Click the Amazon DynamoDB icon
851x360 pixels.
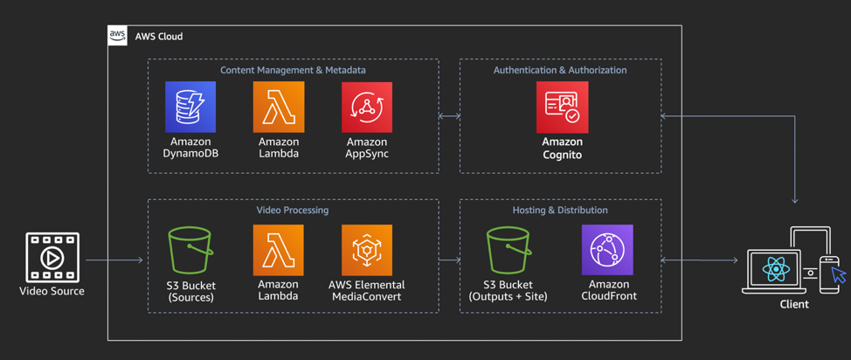(x=190, y=107)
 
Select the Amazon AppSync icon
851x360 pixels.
(x=367, y=107)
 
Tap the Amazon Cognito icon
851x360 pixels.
(x=562, y=107)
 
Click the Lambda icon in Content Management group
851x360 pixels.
(x=279, y=107)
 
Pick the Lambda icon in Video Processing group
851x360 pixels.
(x=279, y=251)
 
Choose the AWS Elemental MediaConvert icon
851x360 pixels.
(x=367, y=251)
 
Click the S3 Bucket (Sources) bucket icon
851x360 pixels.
(x=190, y=251)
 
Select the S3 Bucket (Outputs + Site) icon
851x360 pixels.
(x=509, y=251)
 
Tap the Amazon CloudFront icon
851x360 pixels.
(x=608, y=251)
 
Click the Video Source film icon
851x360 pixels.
(x=52, y=257)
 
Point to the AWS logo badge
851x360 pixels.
(x=117, y=36)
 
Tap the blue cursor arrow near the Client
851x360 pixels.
(x=839, y=276)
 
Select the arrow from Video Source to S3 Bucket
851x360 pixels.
(x=114, y=260)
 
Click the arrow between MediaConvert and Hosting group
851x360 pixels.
(x=449, y=260)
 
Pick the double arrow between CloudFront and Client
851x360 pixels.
(x=699, y=260)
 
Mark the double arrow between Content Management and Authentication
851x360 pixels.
(x=449, y=115)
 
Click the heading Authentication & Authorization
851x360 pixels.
(x=560, y=70)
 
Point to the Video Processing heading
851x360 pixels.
(x=293, y=211)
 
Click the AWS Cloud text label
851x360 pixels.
(x=159, y=37)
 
